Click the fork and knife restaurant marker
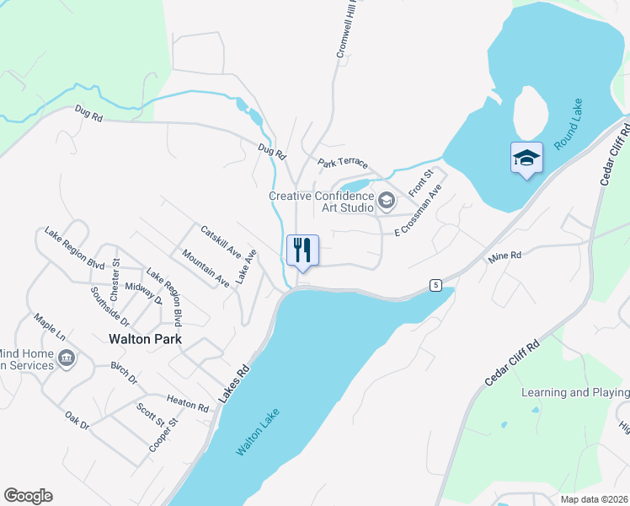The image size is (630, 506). tap(303, 250)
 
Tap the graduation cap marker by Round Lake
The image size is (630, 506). tap(526, 158)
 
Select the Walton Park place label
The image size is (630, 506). tap(146, 340)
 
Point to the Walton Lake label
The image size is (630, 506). tap(258, 433)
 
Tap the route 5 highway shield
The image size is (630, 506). tap(435, 285)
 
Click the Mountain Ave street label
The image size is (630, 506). tap(206, 269)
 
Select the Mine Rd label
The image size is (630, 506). tap(505, 256)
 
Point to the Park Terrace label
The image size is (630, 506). tap(342, 163)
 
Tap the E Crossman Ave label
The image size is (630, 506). tap(419, 211)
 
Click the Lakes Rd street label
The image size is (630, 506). tap(236, 383)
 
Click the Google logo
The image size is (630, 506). tap(28, 496)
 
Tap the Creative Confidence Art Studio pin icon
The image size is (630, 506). tap(387, 200)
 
